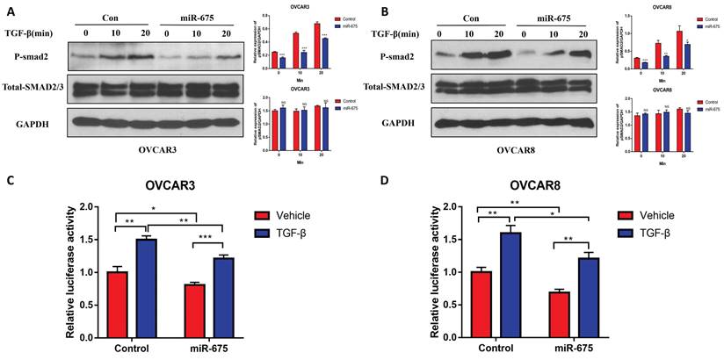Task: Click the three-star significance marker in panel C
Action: (x=207, y=235)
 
